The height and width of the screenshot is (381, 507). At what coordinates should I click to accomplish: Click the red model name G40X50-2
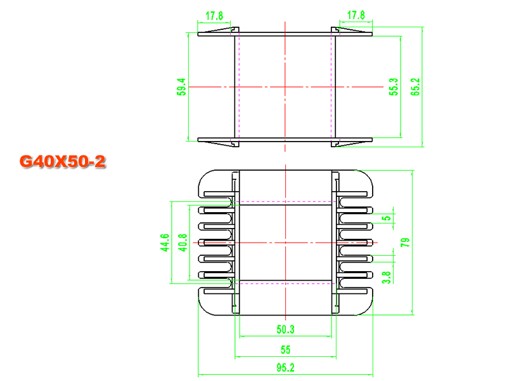(x=63, y=161)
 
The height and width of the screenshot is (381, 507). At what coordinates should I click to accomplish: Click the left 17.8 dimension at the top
(x=214, y=16)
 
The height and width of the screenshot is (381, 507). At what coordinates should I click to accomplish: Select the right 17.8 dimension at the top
(x=356, y=15)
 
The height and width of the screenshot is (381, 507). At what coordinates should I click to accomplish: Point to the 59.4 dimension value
(x=181, y=87)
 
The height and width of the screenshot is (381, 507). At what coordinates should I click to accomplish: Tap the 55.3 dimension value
(x=394, y=87)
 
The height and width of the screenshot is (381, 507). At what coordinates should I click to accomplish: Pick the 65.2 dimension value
(x=415, y=87)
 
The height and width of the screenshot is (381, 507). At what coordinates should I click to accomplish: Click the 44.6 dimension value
(x=165, y=243)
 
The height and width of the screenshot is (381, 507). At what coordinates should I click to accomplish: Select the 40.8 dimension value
(x=183, y=243)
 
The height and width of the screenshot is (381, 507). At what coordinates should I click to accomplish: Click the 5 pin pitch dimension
(x=387, y=218)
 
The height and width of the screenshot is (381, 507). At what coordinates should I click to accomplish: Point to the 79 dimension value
(x=405, y=243)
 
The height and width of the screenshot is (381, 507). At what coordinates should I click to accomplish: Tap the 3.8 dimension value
(x=387, y=277)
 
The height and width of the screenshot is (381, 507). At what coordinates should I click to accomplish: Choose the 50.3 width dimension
(x=286, y=330)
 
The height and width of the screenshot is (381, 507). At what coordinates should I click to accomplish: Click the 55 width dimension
(x=286, y=350)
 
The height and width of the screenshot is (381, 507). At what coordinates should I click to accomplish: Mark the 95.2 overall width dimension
(x=286, y=368)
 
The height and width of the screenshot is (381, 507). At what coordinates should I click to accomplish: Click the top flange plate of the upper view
(x=285, y=34)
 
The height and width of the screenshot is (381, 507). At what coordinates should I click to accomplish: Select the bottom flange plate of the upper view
(x=285, y=140)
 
